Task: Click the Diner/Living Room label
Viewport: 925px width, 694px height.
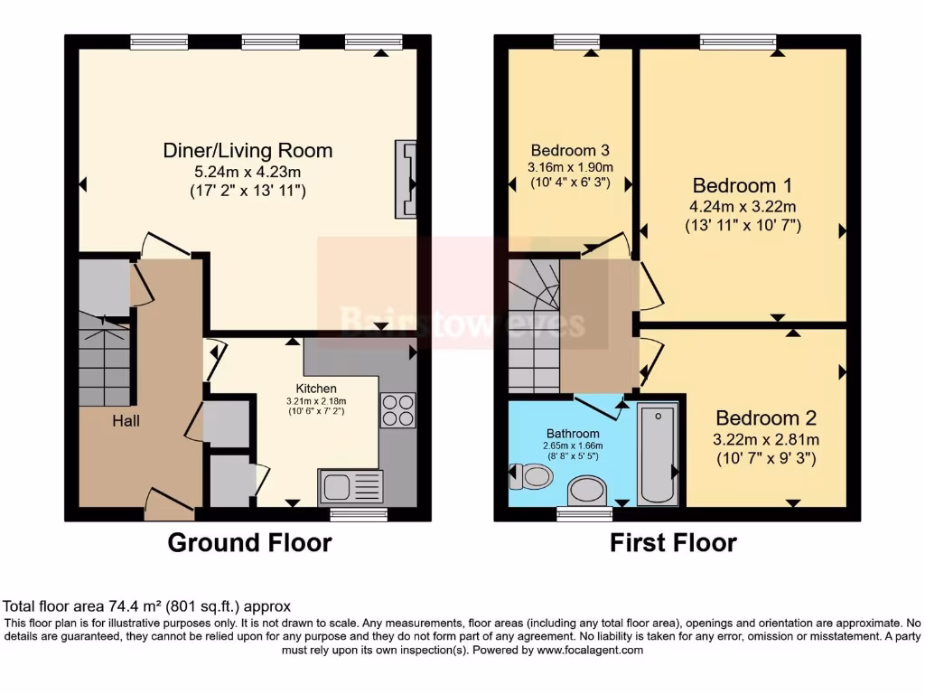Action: coord(248,150)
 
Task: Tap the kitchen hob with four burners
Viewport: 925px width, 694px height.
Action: coord(398,411)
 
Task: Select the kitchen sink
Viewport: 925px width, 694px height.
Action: coord(350,487)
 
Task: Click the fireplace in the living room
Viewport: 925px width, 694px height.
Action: coord(406,180)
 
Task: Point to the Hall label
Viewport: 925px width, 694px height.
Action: coord(126,420)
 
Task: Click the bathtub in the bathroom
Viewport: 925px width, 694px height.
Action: coord(656,455)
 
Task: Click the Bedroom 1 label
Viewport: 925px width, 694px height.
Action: coord(740,186)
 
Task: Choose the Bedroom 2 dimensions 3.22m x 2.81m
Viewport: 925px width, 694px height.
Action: coord(766,440)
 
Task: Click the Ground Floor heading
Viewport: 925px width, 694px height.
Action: coord(249,543)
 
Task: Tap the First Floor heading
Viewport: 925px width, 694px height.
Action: coord(673,543)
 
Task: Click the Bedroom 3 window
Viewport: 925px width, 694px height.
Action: coord(577,41)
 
